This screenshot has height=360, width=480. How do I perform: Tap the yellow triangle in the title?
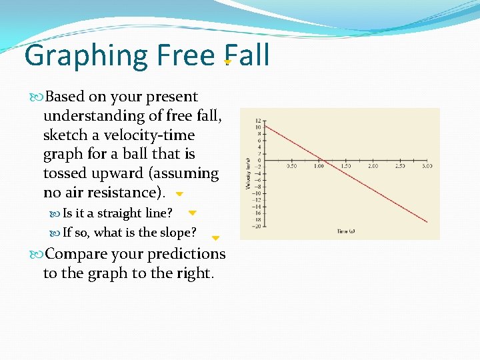pos(228,62)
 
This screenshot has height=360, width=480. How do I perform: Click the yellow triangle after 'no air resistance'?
pos(179,194)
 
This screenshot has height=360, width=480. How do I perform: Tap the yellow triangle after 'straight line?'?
pos(192,213)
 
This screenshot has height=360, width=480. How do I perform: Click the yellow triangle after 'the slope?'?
pos(215,237)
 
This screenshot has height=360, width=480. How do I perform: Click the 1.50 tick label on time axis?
pos(345,165)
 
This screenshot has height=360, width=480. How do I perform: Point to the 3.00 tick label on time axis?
pos(427,165)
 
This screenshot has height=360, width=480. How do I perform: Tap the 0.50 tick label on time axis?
pos(291,165)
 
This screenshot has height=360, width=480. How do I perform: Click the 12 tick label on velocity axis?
pos(258,121)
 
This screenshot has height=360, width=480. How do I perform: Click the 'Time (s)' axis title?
pos(346,231)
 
